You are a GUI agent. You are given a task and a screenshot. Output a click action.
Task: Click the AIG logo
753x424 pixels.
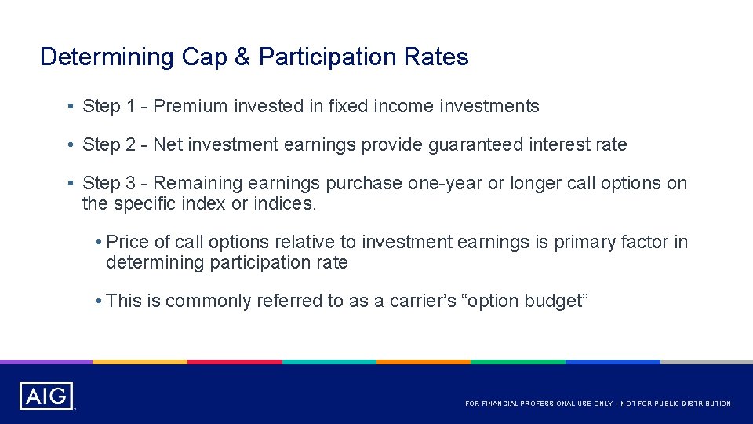[x=46, y=396]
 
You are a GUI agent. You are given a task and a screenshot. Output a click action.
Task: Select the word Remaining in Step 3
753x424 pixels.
[x=198, y=183]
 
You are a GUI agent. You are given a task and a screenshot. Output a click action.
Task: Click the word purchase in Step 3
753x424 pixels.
[x=363, y=184]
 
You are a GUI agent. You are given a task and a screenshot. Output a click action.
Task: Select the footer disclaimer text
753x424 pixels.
[x=599, y=404]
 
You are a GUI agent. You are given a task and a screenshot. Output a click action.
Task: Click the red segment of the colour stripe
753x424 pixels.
[x=235, y=362]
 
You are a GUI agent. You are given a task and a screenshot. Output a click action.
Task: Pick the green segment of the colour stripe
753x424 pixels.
[x=518, y=362]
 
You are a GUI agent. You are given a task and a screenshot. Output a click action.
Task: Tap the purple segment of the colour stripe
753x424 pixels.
[x=45, y=362]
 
